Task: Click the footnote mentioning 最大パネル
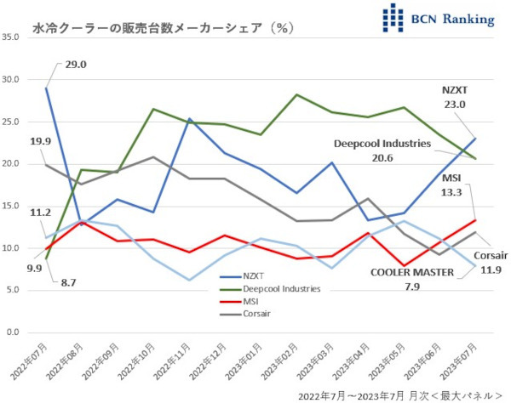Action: click(400, 394)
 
